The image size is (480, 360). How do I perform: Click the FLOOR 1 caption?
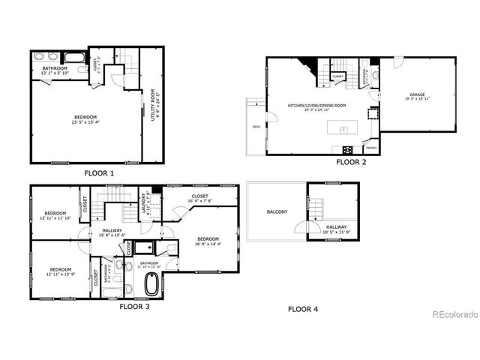pyautogui.click(x=99, y=173)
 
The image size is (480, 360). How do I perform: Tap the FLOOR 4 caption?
pyautogui.click(x=304, y=308)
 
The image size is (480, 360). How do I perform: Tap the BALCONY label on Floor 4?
pyautogui.click(x=277, y=212)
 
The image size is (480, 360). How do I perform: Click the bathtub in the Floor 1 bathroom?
pyautogui.click(x=75, y=57)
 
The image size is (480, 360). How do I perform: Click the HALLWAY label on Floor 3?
pyautogui.click(x=112, y=230)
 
